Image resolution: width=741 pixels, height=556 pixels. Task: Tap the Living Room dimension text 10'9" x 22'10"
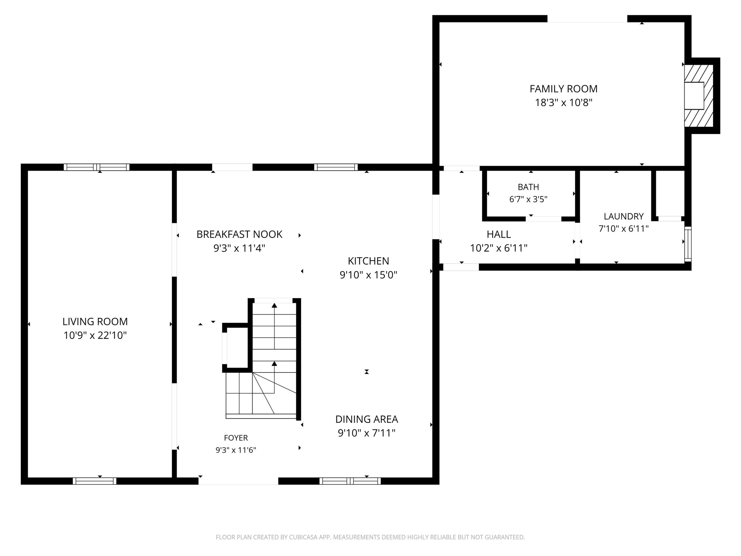(x=95, y=335)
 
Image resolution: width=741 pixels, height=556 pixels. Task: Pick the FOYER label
(x=236, y=438)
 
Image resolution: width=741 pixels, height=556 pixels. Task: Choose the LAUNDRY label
(x=623, y=216)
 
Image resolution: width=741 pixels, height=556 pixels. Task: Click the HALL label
(x=498, y=234)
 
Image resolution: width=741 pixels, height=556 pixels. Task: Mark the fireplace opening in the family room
(x=694, y=96)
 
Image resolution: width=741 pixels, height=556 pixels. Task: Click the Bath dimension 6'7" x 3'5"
(x=528, y=199)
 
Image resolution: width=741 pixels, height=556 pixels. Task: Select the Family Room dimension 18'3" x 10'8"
(x=563, y=103)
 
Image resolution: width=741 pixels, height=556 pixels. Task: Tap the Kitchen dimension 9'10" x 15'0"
(x=368, y=275)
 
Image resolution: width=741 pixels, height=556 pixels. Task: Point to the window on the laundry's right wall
(x=688, y=244)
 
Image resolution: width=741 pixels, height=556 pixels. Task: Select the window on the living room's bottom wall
(x=94, y=481)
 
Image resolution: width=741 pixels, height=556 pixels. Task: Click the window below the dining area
(x=350, y=481)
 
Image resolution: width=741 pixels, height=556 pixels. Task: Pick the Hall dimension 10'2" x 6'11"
(x=498, y=248)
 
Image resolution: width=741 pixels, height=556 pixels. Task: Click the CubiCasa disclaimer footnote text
(x=370, y=537)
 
